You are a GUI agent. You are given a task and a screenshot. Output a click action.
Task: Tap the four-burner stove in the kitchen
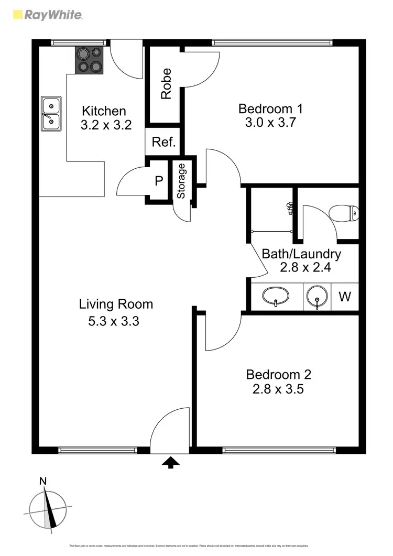tap(90, 60)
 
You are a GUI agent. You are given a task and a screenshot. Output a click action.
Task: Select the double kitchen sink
tap(51, 113)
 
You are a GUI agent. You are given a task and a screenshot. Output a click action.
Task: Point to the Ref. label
tap(163, 142)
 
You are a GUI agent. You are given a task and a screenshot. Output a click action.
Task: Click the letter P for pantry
tap(159, 181)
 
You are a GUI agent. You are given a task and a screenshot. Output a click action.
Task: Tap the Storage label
tap(181, 181)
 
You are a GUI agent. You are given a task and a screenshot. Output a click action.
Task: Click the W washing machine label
tap(344, 297)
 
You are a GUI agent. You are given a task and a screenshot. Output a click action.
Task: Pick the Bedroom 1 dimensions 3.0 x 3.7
tap(270, 123)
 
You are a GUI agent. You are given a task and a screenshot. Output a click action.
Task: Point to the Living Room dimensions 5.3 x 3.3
tap(114, 321)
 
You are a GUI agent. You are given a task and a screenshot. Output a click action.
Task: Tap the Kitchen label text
tap(104, 111)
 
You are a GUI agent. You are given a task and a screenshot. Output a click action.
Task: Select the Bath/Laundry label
tap(301, 254)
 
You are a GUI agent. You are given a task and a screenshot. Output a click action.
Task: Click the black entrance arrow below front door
tap(170, 462)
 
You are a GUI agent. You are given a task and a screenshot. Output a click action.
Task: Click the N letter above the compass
tap(43, 481)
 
